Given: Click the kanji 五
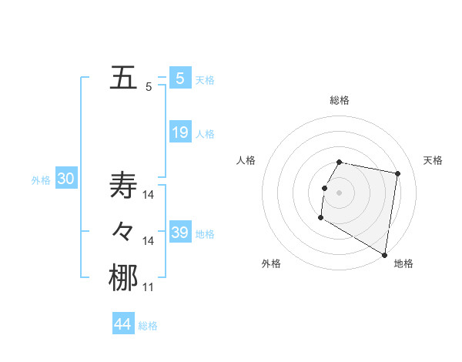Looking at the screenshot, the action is point(123,78).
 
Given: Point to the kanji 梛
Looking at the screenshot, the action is point(123,277).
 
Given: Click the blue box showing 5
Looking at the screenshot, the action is point(180,78).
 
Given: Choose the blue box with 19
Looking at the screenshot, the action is point(180,132).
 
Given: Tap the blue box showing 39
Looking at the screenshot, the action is point(180,233).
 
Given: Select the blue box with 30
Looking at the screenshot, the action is point(65,179).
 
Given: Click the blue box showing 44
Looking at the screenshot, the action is point(123,323).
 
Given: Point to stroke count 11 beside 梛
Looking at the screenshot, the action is point(149,287).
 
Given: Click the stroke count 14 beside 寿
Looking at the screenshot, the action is point(149,195).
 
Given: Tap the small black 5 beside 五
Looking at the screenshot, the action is point(149,87).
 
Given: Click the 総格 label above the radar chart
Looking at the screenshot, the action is point(340,100).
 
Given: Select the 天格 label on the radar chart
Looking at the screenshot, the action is point(433,160).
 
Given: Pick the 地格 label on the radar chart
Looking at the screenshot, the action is point(403,263).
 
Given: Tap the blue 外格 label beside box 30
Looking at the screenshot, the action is point(41,180).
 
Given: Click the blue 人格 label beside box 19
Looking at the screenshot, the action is point(206,134).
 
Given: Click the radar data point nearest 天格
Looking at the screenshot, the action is point(397,174).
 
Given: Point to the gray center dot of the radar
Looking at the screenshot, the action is point(339,193).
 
